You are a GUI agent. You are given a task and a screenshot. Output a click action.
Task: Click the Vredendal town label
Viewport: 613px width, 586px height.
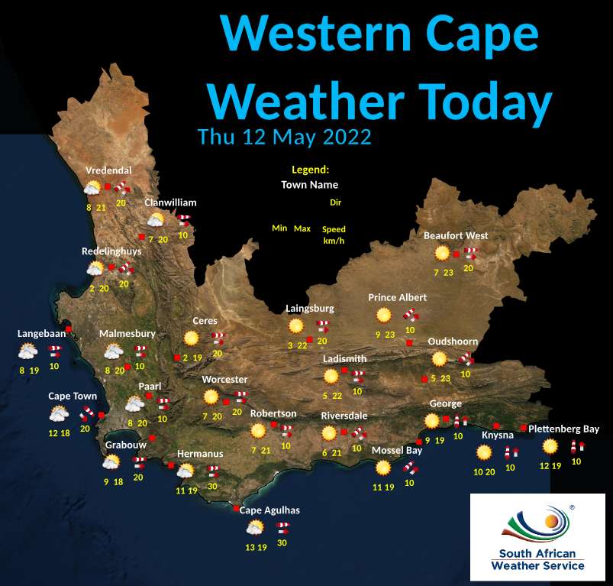[x=108, y=170]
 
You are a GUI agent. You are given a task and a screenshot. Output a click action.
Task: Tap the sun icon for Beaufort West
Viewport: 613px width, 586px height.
[x=441, y=253]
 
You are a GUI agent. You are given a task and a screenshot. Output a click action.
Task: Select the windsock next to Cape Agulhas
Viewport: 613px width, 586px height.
[x=282, y=526]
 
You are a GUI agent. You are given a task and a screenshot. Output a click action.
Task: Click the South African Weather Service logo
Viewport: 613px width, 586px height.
[x=537, y=536]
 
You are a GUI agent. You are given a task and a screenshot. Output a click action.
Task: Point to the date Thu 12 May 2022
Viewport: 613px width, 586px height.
[x=284, y=138]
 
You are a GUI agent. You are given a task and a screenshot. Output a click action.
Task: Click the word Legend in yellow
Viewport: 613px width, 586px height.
[x=309, y=170]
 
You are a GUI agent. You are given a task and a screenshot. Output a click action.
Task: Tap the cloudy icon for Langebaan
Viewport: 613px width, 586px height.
[x=27, y=351]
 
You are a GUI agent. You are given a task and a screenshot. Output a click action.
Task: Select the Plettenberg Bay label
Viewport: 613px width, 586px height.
[x=563, y=429]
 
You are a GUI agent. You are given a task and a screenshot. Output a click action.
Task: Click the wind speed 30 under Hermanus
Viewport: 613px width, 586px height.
[x=212, y=487]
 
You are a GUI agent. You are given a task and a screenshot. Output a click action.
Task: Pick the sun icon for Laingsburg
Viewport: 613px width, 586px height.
[x=296, y=326]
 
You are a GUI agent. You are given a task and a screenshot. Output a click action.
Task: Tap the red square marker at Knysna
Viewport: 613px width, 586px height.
[x=496, y=426]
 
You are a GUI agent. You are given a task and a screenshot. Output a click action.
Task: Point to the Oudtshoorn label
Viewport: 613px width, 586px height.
[x=453, y=342]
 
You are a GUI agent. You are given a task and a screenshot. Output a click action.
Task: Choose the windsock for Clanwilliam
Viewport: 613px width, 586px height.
[x=183, y=220]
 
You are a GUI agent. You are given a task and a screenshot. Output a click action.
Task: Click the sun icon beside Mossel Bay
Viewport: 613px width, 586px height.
[x=383, y=467]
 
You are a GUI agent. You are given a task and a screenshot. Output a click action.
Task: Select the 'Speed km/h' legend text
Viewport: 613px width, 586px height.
[x=334, y=235]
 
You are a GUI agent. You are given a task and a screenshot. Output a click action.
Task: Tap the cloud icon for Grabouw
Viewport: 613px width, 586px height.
[x=111, y=462]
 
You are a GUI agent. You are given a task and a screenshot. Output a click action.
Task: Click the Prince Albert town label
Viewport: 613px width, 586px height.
[x=397, y=297]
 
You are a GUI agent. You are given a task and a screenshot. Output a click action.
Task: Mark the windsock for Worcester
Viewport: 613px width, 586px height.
[x=240, y=397]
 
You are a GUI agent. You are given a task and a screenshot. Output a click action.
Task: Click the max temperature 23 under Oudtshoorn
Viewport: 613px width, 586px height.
[x=446, y=378]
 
